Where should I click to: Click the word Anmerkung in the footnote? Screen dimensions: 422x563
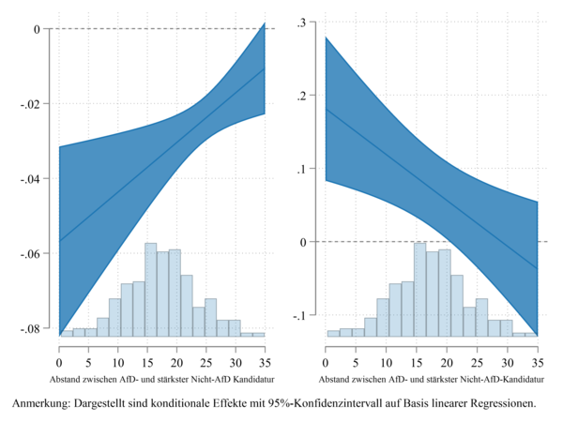click(x=42, y=404)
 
